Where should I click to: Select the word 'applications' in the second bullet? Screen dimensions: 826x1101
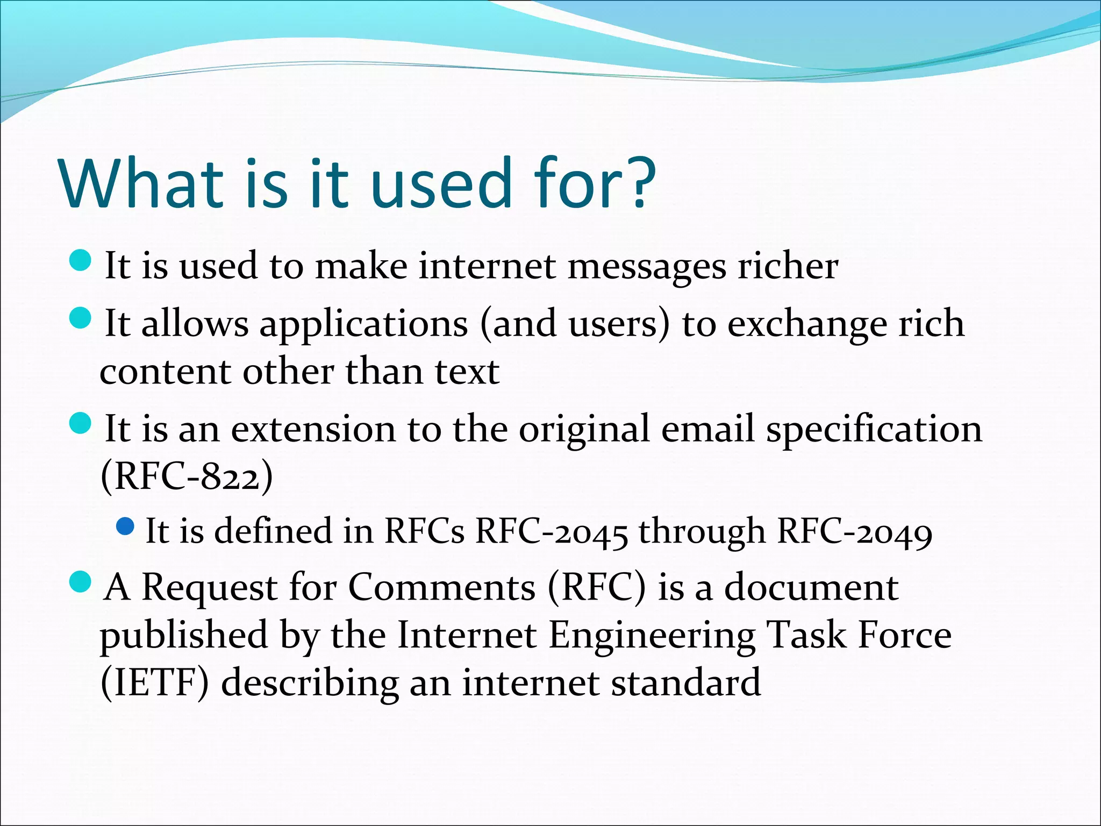[364, 324]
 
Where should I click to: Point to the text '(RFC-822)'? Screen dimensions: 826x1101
[187, 476]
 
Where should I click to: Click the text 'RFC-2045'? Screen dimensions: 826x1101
[552, 532]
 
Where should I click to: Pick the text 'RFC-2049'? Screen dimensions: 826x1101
[855, 532]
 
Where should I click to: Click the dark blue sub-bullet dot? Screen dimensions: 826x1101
[125, 526]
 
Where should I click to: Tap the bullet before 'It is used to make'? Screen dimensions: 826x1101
[81, 260]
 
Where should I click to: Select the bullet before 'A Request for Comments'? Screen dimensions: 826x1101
[81, 582]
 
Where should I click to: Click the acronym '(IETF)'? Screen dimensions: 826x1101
[155, 683]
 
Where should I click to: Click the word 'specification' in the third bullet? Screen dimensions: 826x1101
[874, 430]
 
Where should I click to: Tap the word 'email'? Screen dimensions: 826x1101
[708, 429]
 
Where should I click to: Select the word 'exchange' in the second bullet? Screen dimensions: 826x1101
[807, 324]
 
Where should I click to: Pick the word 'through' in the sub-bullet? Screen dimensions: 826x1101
[702, 532]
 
